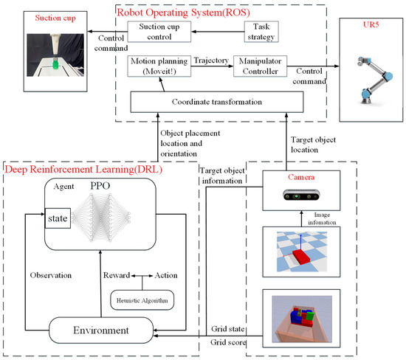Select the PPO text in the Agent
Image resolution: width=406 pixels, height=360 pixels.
113,185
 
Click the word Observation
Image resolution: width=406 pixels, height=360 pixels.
51,274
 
